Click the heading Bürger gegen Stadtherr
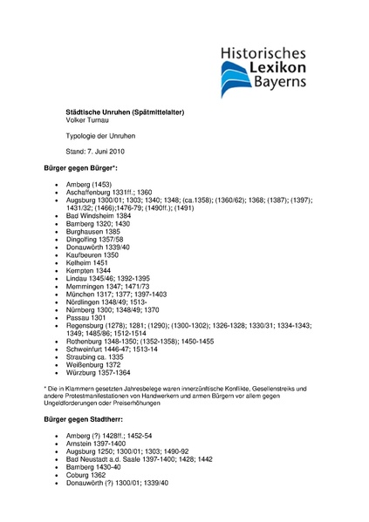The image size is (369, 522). click(85, 421)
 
